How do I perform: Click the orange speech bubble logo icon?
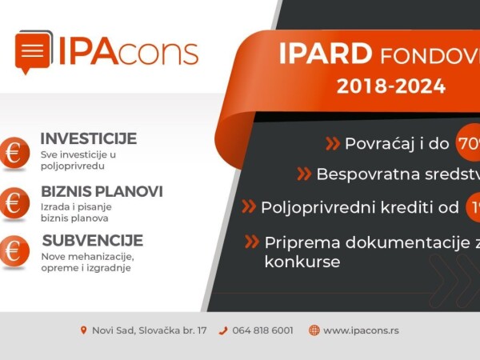click(34, 52)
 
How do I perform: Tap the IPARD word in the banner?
click(325, 54)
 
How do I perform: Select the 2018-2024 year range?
click(390, 86)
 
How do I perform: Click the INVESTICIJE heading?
click(88, 138)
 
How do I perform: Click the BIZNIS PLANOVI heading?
click(102, 192)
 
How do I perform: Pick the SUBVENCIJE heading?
click(92, 240)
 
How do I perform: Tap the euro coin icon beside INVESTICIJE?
click(14, 152)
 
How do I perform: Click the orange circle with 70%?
click(468, 144)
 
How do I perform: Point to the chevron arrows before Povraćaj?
click(332, 144)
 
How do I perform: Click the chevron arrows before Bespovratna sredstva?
click(304, 174)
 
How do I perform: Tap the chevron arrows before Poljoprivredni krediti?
click(249, 206)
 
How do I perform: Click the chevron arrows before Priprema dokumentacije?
click(252, 242)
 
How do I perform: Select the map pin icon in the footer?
click(83, 330)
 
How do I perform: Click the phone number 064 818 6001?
click(262, 330)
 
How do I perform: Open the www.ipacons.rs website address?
click(361, 330)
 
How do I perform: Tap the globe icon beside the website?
click(314, 330)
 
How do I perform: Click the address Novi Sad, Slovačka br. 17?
click(149, 330)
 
